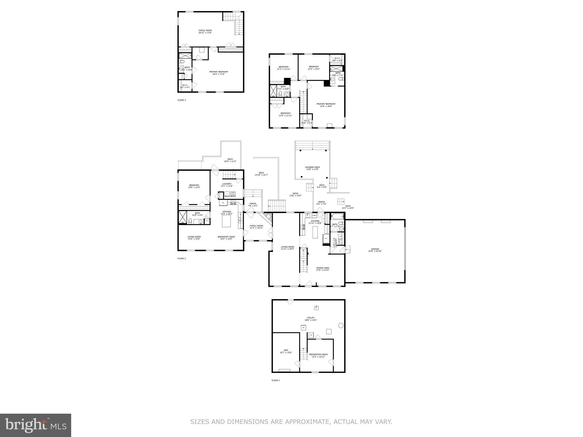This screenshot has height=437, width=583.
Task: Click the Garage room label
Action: pyautogui.click(x=375, y=250)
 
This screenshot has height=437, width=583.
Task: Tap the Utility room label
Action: pyautogui.click(x=311, y=319)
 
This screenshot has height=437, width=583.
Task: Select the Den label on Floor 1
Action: pyautogui.click(x=286, y=351)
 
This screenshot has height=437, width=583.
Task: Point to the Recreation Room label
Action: pyautogui.click(x=318, y=355)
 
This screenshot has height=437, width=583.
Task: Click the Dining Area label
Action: pyautogui.click(x=323, y=269)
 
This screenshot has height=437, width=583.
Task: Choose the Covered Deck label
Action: pyautogui.click(x=312, y=168)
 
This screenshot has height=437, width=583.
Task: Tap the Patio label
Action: pyautogui.click(x=295, y=194)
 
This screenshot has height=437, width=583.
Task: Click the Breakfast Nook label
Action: pyautogui.click(x=226, y=238)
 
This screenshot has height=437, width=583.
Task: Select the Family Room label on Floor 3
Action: pyautogui.click(x=205, y=31)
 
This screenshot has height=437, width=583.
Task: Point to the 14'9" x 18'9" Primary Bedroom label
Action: pyautogui.click(x=326, y=105)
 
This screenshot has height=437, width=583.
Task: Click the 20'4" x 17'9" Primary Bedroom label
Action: pyautogui.click(x=219, y=73)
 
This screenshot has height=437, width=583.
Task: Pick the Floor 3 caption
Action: pyautogui.click(x=181, y=100)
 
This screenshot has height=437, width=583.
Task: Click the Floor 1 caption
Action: pyautogui.click(x=276, y=380)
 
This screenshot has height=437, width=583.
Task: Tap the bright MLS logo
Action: pyautogui.click(x=35, y=425)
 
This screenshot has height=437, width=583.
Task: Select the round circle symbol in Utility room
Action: pyautogui.click(x=340, y=325)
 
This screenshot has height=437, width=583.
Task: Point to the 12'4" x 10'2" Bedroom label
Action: pyautogui.click(x=314, y=68)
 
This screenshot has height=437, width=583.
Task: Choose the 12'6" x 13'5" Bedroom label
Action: pyautogui.click(x=194, y=186)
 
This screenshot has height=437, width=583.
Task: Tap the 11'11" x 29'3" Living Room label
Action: pyautogui.click(x=287, y=248)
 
